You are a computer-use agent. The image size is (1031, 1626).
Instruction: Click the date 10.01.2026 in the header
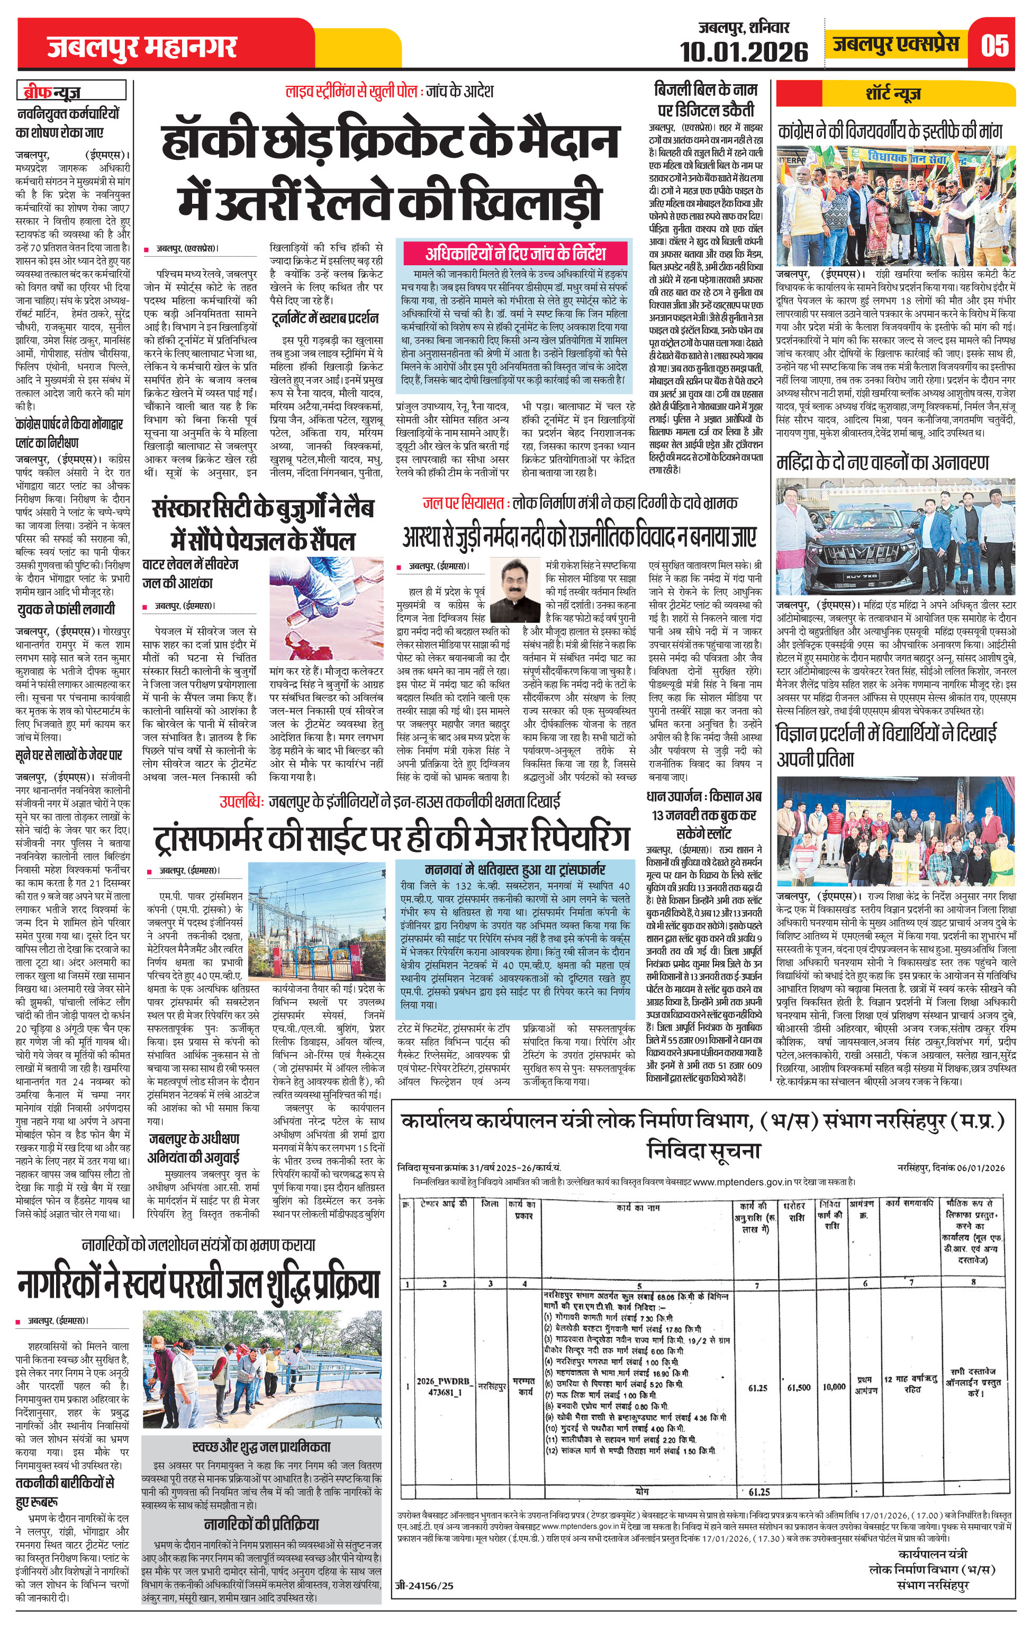(x=744, y=51)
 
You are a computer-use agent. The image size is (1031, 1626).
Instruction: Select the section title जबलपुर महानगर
(x=142, y=47)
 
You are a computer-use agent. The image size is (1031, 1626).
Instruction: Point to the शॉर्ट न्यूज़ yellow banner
(x=896, y=93)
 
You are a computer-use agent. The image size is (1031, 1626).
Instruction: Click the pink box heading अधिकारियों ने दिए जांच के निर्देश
(x=515, y=253)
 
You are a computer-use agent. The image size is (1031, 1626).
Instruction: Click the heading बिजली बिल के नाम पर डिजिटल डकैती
(x=705, y=99)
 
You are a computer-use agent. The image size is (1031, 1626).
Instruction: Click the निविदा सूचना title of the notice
(x=703, y=1151)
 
